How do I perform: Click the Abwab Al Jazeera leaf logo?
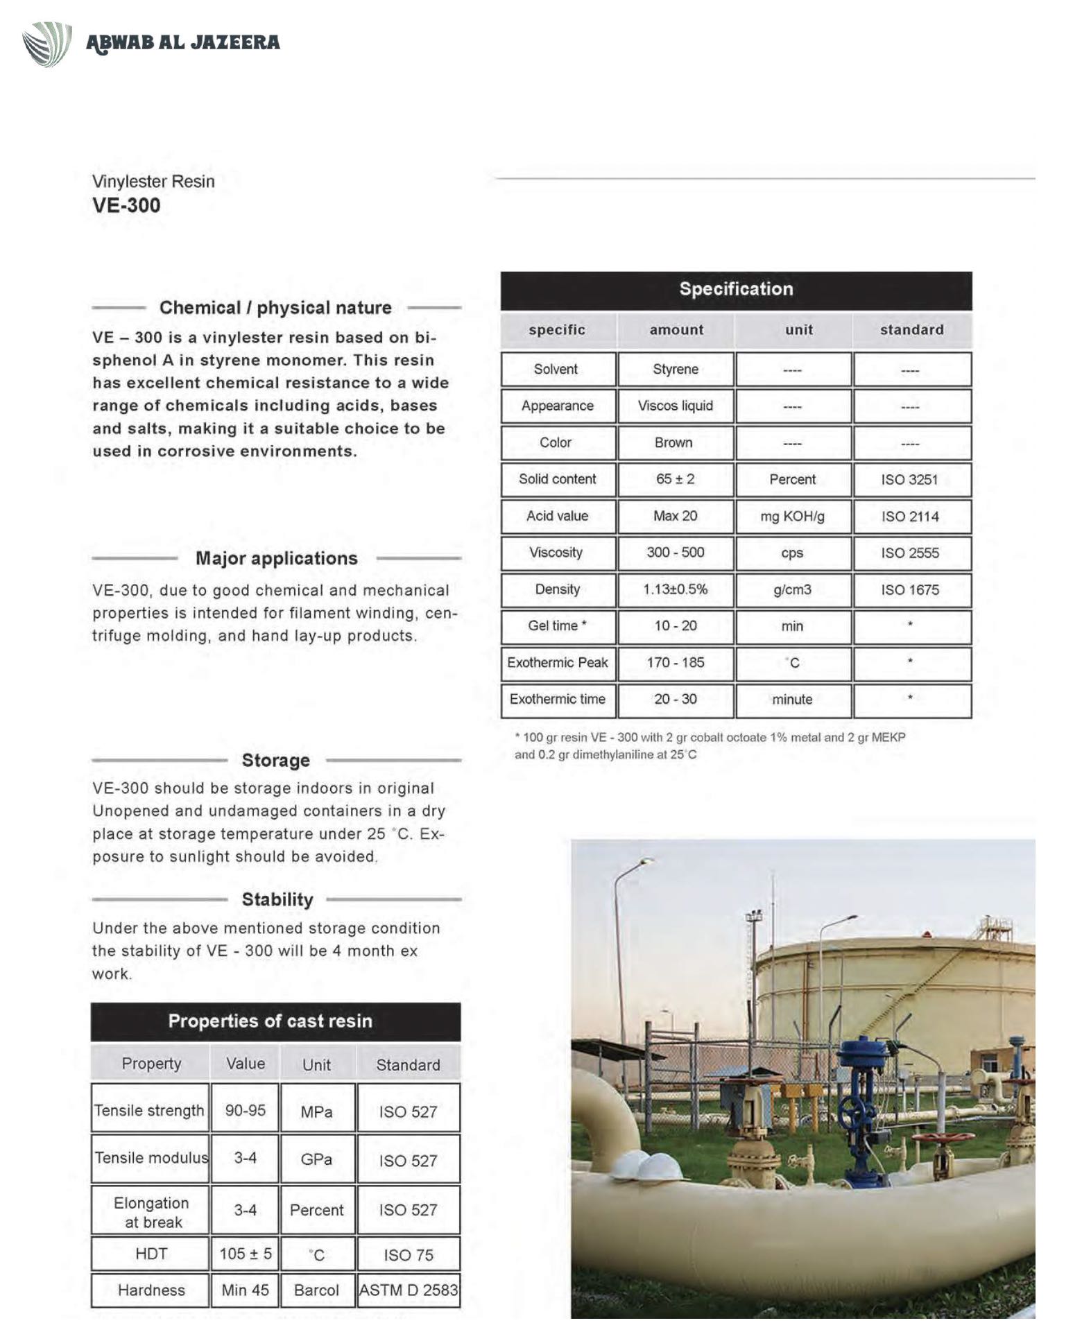(47, 43)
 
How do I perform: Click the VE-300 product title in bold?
(126, 205)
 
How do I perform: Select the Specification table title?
(736, 289)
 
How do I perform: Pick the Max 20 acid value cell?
(675, 516)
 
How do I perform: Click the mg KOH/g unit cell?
(792, 516)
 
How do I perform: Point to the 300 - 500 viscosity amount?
(675, 553)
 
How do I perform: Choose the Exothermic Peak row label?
(558, 663)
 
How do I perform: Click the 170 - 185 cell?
(675, 663)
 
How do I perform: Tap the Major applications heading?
(276, 558)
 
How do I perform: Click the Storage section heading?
(275, 760)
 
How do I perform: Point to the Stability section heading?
(277, 899)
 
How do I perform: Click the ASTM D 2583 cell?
(409, 1290)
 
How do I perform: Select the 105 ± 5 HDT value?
(246, 1254)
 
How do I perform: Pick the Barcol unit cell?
(316, 1290)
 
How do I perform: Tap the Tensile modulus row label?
(151, 1158)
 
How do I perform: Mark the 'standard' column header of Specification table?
(911, 330)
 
